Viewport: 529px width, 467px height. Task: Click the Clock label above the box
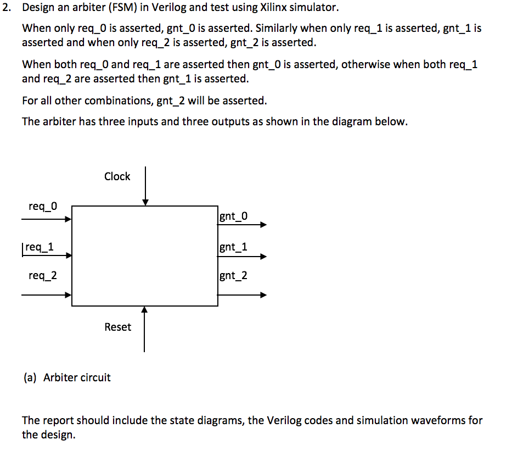tap(117, 176)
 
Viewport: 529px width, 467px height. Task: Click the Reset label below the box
tap(117, 327)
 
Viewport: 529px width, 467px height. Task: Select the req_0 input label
tap(42, 206)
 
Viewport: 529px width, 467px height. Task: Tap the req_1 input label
tap(39, 247)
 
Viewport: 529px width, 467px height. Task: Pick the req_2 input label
tap(42, 275)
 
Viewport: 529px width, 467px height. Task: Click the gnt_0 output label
tap(233, 216)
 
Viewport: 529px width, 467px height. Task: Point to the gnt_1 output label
tap(233, 247)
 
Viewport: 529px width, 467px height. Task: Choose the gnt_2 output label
tap(233, 275)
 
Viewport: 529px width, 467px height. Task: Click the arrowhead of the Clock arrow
tap(145, 203)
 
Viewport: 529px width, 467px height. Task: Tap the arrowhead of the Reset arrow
tap(144, 310)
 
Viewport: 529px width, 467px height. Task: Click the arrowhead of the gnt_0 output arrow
tap(264, 224)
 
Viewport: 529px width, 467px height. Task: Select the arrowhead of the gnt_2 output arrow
tap(264, 295)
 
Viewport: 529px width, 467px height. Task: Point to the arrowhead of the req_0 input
tap(69, 219)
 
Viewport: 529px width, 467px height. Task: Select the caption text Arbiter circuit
tap(77, 377)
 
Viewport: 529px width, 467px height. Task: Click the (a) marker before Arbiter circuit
tap(30, 377)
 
